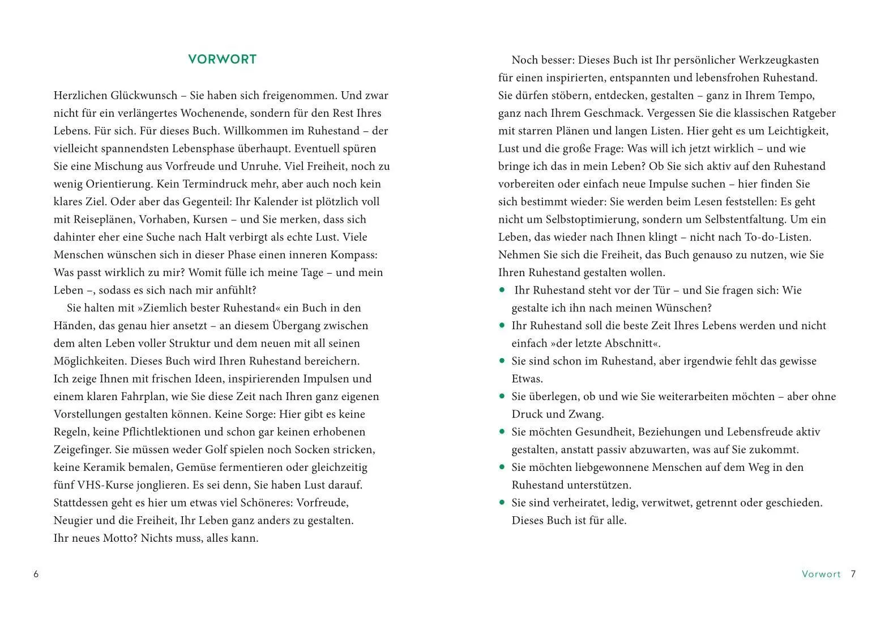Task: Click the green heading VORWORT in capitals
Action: [222, 59]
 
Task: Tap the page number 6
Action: [36, 574]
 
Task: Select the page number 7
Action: [853, 574]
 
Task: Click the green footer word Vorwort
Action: [821, 574]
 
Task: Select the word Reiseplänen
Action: [105, 219]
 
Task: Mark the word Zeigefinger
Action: [82, 449]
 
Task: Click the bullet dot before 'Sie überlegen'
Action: [502, 396]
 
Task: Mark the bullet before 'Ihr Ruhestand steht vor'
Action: [502, 290]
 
